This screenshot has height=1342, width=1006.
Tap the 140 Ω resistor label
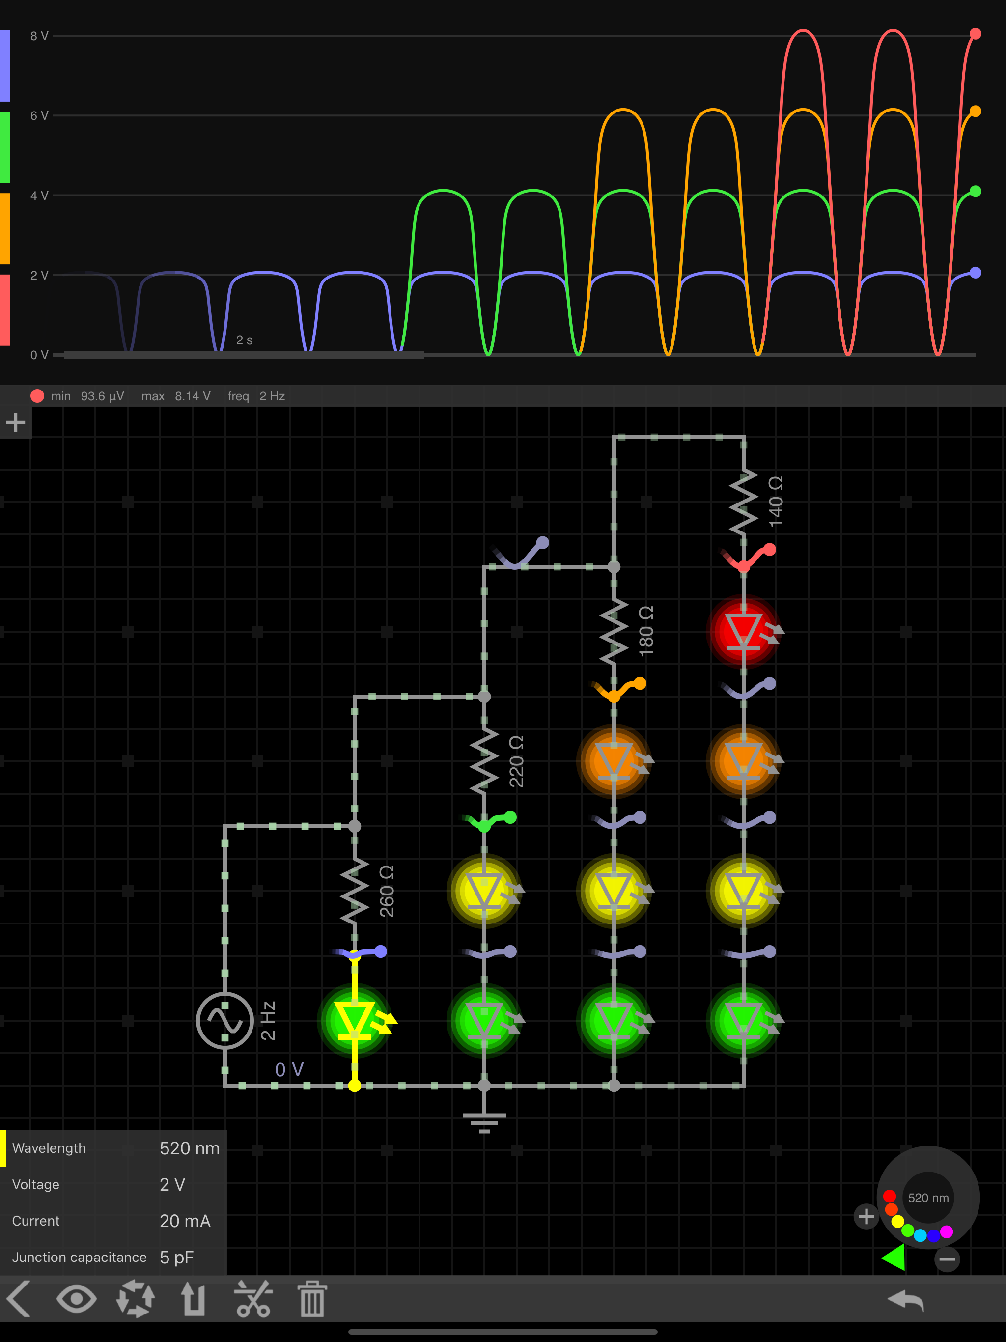(x=776, y=502)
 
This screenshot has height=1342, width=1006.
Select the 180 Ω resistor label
(x=646, y=631)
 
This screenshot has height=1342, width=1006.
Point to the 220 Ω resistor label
(x=516, y=761)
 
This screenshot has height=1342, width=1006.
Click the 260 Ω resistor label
(x=387, y=891)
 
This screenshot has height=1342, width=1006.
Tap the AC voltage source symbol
(x=225, y=1020)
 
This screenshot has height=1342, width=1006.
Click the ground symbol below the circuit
(x=484, y=1122)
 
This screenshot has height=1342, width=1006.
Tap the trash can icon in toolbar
(x=312, y=1299)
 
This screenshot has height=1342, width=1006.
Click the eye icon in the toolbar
(x=77, y=1299)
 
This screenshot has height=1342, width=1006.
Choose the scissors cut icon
(x=253, y=1299)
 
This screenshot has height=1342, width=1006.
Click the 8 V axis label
(x=39, y=36)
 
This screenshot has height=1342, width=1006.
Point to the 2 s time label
(x=244, y=340)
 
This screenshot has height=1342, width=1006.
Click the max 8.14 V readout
(x=176, y=396)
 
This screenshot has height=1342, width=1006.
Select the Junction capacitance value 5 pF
(x=176, y=1257)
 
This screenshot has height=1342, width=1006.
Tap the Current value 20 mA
(x=185, y=1221)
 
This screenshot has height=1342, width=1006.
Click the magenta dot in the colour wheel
(x=947, y=1231)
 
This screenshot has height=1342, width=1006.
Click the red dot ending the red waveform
(x=975, y=34)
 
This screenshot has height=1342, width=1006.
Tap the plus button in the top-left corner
(x=16, y=422)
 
